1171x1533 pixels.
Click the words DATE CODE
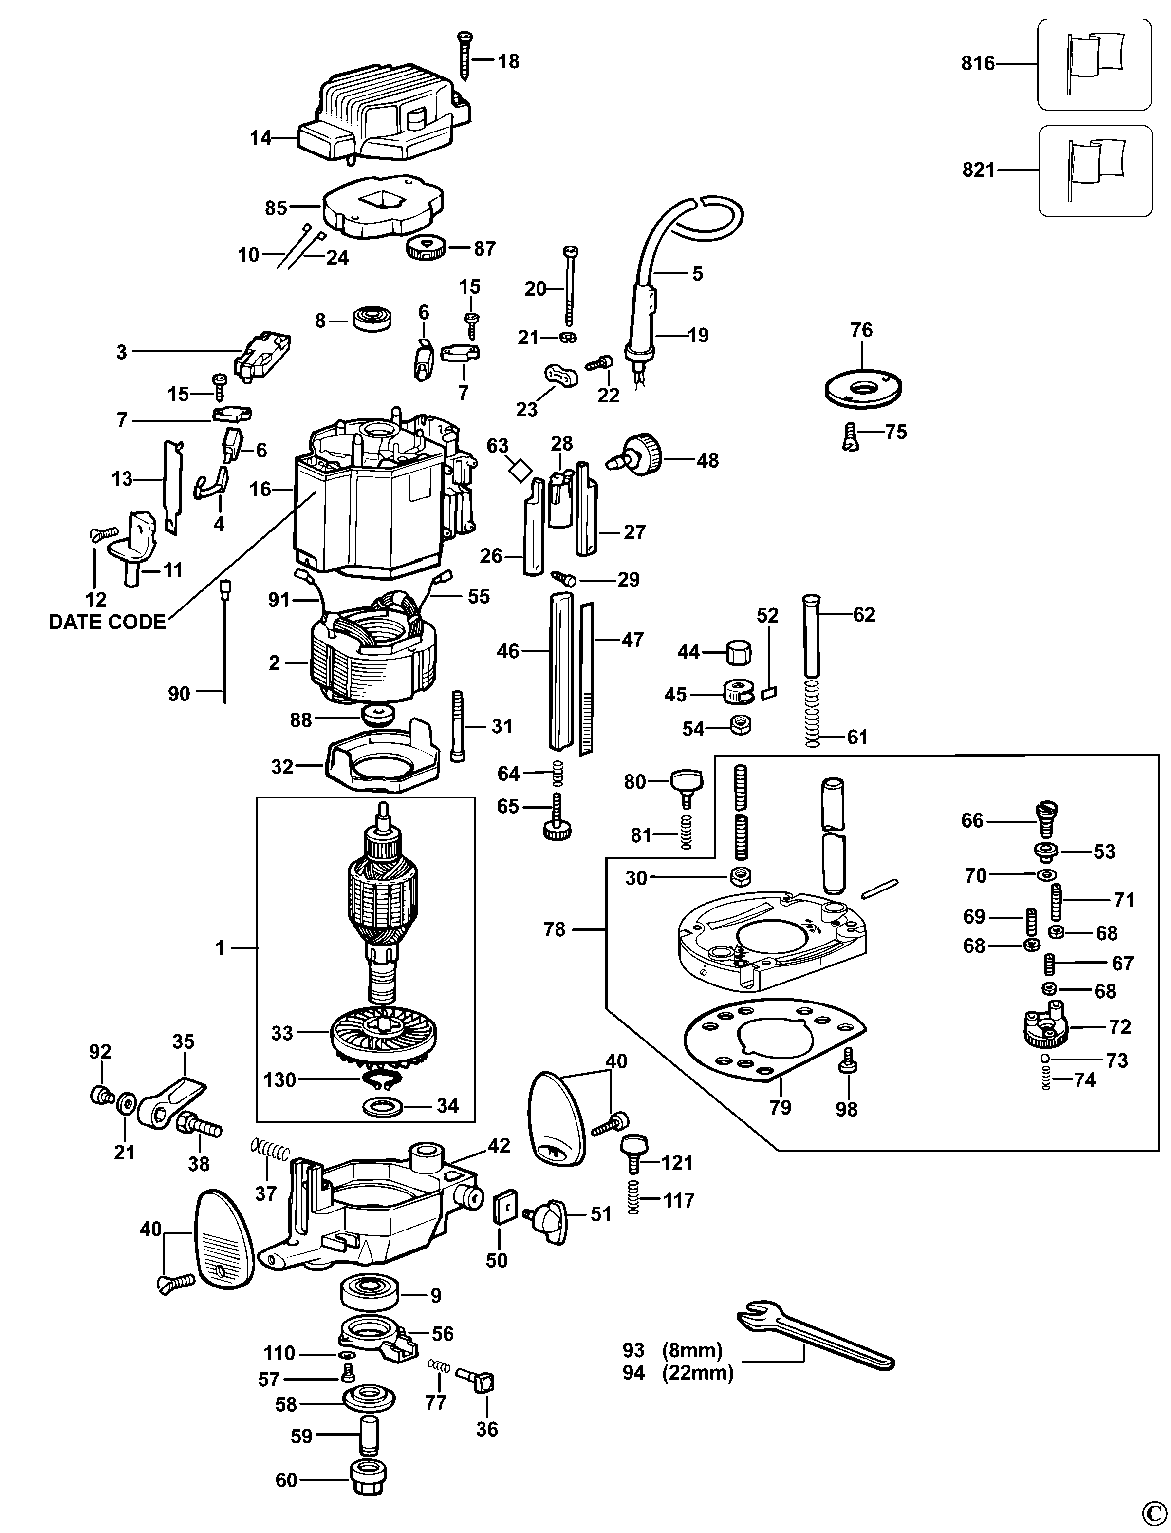tap(107, 622)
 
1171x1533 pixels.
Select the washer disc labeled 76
tap(862, 387)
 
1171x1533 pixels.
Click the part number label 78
tap(555, 930)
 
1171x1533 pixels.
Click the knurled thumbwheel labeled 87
tap(425, 247)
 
